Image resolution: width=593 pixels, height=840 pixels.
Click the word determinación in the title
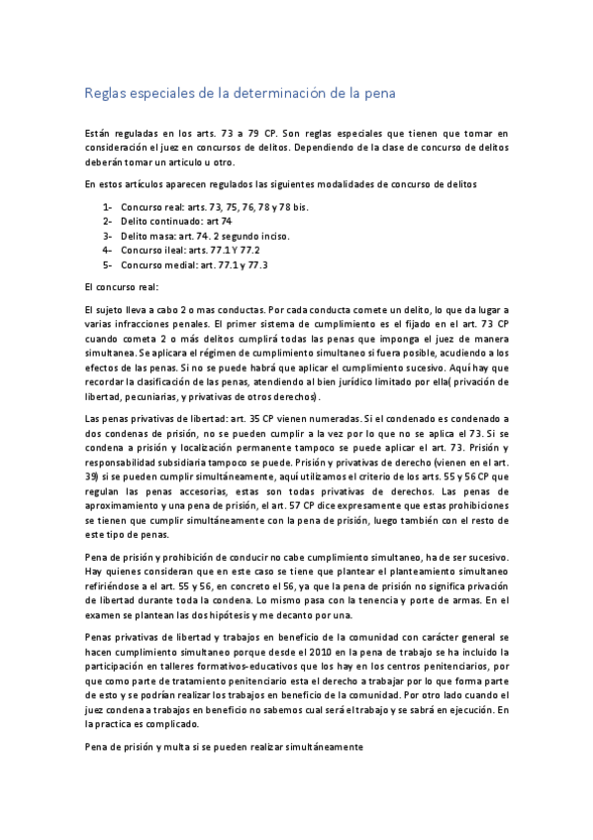pyautogui.click(x=279, y=93)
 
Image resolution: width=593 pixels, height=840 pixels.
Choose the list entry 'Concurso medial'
pyautogui.click(x=194, y=265)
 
